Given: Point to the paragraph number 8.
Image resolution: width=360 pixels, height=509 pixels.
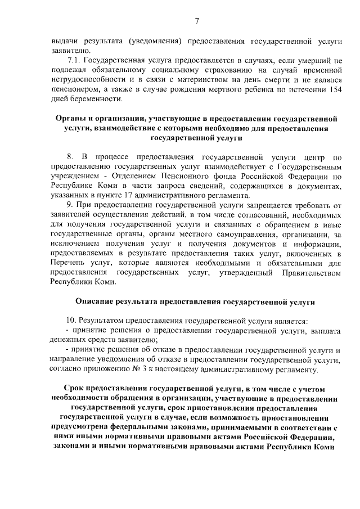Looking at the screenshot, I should (70, 157).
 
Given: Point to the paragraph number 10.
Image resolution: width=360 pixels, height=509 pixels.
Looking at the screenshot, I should (72, 321).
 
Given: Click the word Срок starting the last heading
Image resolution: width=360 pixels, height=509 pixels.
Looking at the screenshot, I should (74, 389).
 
